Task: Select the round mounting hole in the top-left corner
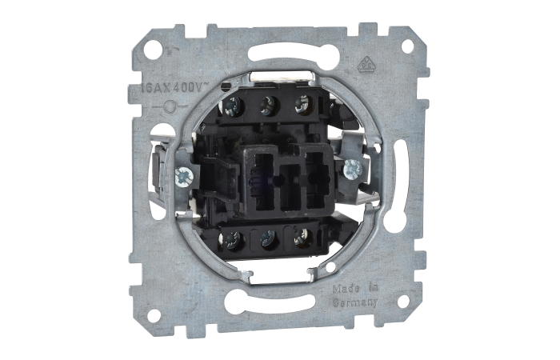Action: (150, 48)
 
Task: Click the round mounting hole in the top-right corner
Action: (407, 46)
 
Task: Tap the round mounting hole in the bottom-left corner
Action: (153, 314)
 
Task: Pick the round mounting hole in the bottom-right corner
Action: (403, 301)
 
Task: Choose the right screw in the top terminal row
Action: (302, 102)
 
